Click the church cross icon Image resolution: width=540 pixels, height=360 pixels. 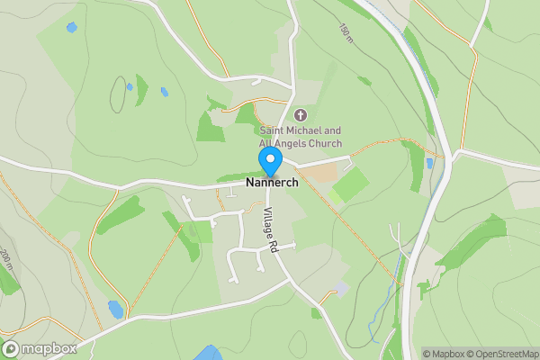[x=301, y=114]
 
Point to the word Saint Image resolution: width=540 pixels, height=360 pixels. [x=277, y=130]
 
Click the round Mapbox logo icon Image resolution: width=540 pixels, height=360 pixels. [x=12, y=348]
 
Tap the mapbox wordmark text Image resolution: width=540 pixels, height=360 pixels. [x=49, y=348]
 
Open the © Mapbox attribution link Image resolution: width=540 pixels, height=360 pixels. [x=445, y=354]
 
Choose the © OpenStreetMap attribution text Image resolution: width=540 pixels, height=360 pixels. [x=501, y=354]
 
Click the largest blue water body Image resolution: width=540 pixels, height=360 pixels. [x=209, y=353]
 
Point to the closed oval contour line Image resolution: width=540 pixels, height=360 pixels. [x=119, y=94]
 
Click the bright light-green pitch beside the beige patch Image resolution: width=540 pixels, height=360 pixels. [x=350, y=185]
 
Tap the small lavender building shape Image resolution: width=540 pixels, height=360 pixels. [x=339, y=288]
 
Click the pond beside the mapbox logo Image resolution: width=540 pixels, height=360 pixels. [x=115, y=309]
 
